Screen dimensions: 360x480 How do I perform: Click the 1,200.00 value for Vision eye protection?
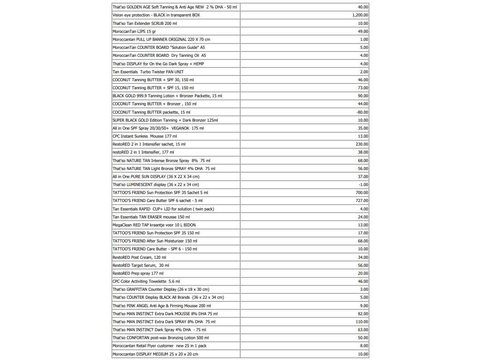click(x=360, y=15)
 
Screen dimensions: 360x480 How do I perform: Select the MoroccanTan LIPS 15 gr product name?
click(x=134, y=32)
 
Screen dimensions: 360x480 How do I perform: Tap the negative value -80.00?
click(x=362, y=112)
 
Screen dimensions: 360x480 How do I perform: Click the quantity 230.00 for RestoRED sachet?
click(x=362, y=144)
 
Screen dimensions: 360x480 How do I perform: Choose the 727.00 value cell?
click(x=362, y=201)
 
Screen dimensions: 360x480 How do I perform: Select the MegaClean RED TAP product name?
click(x=154, y=225)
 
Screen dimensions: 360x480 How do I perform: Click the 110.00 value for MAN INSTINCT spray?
click(x=362, y=322)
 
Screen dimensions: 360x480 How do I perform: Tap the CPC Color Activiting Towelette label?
click(x=146, y=281)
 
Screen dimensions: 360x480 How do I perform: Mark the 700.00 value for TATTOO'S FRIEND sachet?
click(x=362, y=193)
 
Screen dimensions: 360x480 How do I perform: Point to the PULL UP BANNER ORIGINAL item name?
click(x=161, y=40)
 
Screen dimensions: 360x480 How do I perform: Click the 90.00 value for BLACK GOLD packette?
click(x=363, y=96)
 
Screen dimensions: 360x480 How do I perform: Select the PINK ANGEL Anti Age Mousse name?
click(x=162, y=306)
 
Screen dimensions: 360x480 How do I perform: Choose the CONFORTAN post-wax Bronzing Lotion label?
click(x=160, y=338)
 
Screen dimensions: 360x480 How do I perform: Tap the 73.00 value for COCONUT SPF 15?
click(x=363, y=88)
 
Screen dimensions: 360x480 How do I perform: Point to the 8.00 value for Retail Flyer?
click(x=364, y=346)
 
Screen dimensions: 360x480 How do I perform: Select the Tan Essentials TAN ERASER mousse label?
click(x=151, y=217)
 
